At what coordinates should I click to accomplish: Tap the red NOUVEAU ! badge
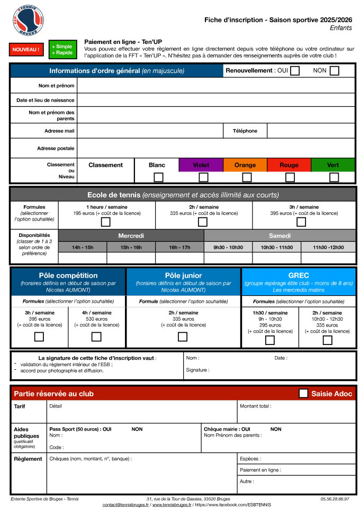coord(25,50)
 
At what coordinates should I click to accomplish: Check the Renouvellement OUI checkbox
coord(295,70)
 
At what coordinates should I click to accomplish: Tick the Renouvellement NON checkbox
coord(334,70)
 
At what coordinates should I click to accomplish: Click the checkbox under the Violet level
coord(203,177)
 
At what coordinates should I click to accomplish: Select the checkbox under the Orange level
coord(247,177)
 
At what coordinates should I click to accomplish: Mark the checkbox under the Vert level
coord(334,177)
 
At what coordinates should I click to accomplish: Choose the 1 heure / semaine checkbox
coord(106,222)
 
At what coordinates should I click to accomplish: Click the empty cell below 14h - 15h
coord(83,258)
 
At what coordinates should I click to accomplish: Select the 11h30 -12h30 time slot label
coord(328,247)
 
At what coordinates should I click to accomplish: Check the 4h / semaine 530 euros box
coord(96,337)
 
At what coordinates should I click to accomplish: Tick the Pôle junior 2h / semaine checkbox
coord(183,337)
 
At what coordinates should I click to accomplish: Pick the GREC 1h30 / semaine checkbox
coord(270,340)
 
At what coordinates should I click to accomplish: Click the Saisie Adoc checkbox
coord(303,393)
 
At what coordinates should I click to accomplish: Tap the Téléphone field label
coord(245,131)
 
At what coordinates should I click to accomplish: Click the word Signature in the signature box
coord(196,370)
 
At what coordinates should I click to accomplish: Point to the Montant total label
coord(255,406)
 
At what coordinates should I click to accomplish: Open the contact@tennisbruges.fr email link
coord(126,505)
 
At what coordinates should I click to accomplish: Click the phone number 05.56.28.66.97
coord(335,498)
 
